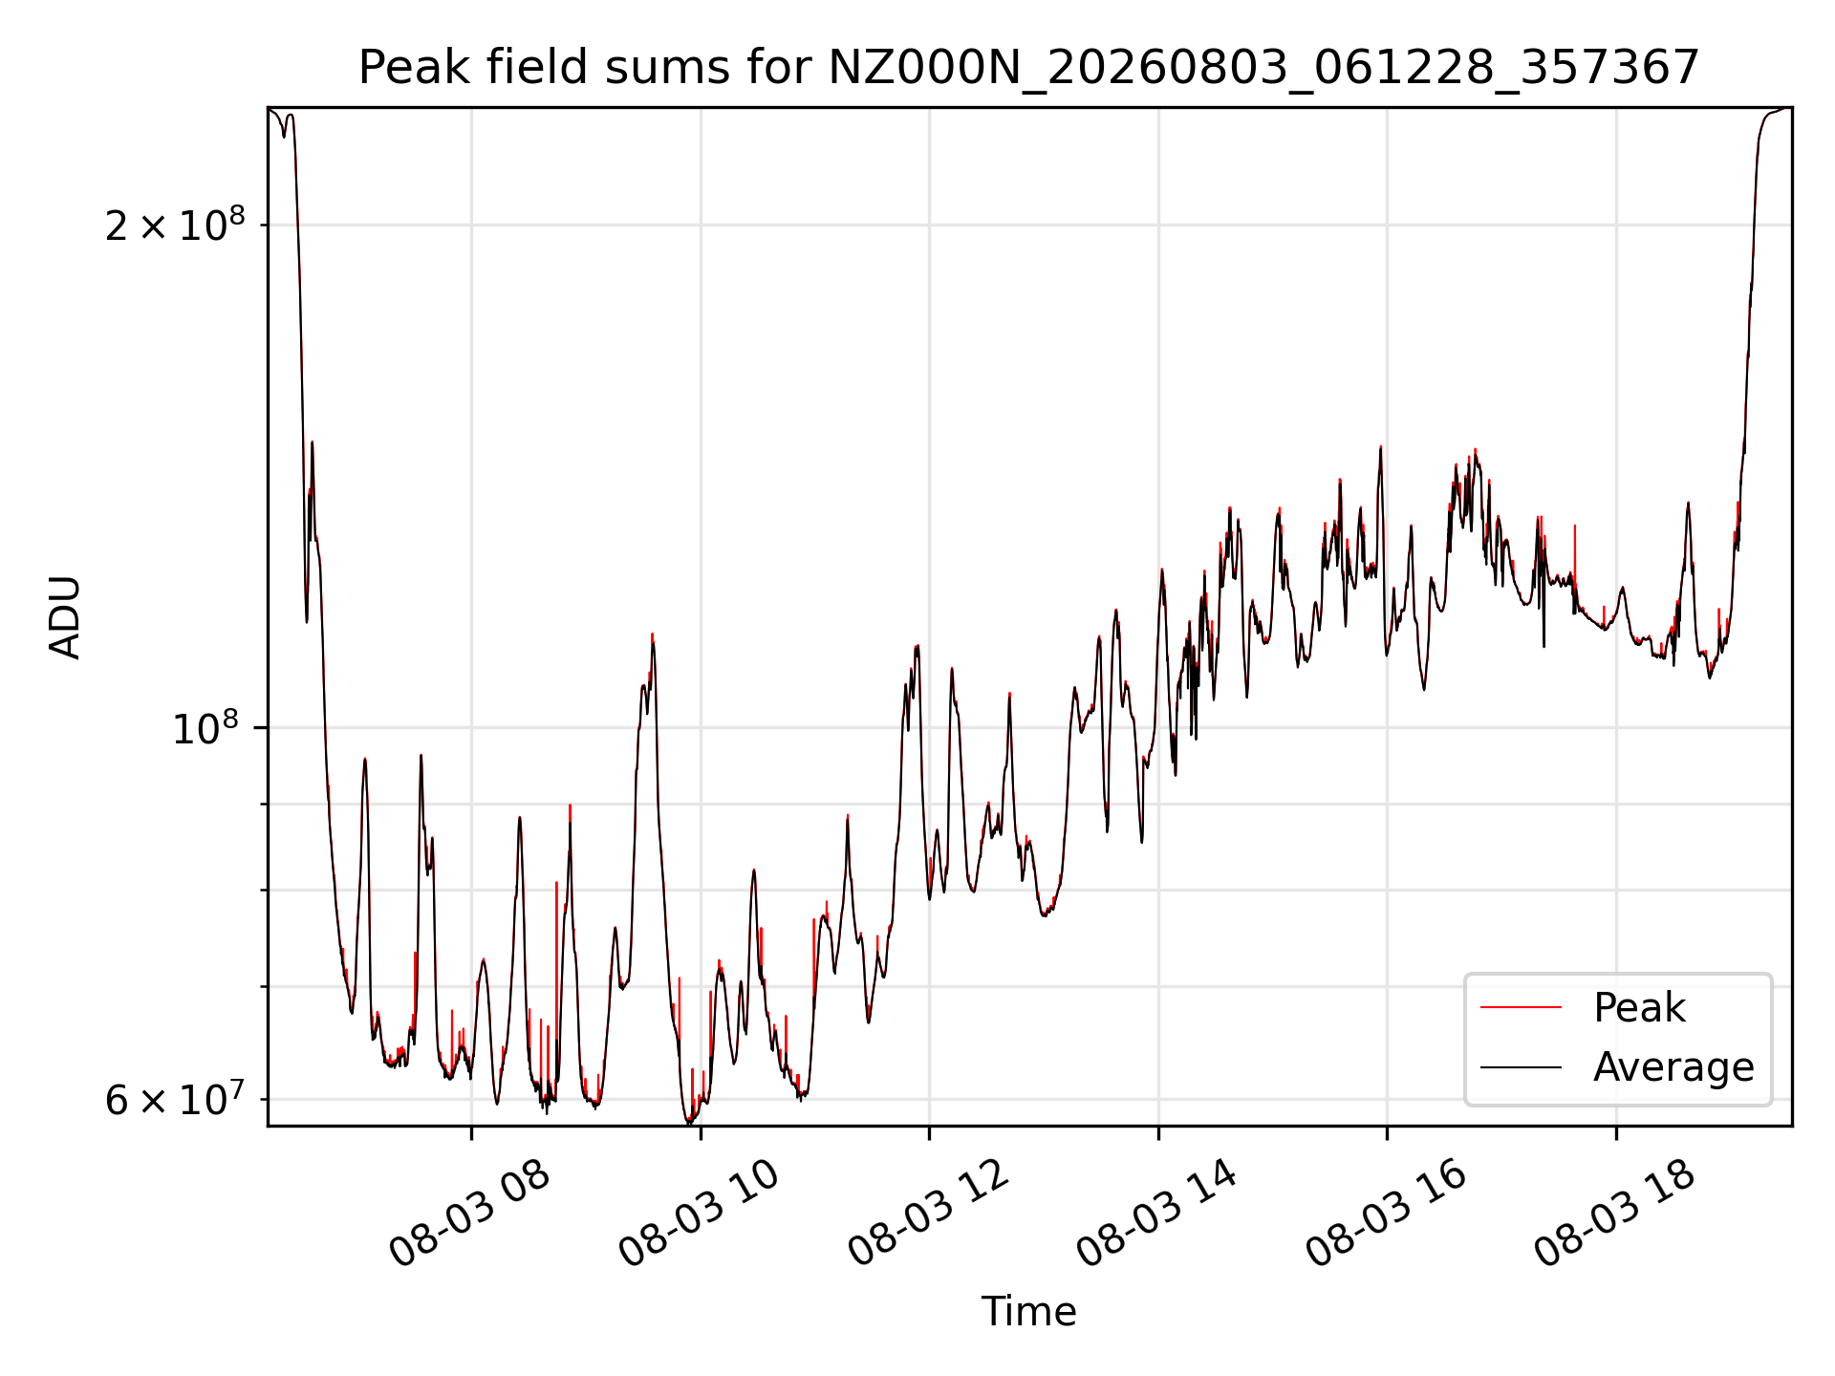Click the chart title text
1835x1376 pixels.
coord(1028,68)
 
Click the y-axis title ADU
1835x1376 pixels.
coord(65,617)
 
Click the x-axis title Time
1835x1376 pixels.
coord(1028,1312)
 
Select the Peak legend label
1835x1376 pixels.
coord(1639,1008)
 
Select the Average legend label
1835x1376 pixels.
coord(1673,1067)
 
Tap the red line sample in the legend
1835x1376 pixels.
coord(1521,1007)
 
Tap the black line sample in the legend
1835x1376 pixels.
coord(1521,1066)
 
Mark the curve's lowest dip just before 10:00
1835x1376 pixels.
coord(688,1122)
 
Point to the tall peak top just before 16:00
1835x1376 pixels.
coord(1380,447)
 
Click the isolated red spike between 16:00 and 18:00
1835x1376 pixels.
coord(1574,527)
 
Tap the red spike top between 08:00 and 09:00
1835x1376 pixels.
coord(556,882)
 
